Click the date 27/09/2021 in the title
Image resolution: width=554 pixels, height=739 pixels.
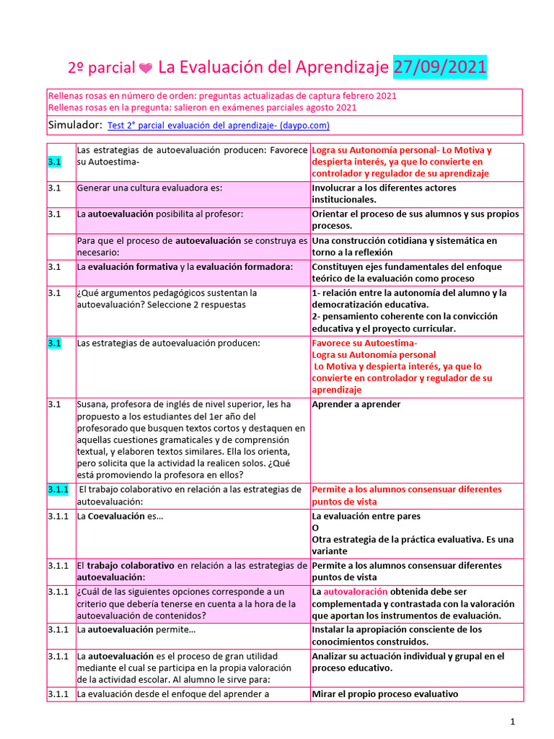(x=440, y=67)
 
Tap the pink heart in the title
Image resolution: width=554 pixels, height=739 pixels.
(x=145, y=69)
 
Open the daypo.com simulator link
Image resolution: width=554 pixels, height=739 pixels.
(x=218, y=126)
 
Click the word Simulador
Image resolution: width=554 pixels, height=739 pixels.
(x=74, y=125)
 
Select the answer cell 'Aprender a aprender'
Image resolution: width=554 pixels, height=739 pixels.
(x=356, y=404)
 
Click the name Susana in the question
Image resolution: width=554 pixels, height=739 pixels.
(x=92, y=404)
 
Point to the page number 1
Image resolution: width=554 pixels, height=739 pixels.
(x=512, y=721)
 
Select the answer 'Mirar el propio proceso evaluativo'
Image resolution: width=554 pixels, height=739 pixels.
(x=385, y=694)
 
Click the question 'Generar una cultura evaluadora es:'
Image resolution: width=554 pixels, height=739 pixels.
(x=149, y=188)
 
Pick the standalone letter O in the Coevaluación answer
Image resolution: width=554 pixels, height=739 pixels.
(x=315, y=528)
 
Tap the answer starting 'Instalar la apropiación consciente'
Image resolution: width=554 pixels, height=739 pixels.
(x=396, y=629)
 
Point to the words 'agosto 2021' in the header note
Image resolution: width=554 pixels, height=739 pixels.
(x=330, y=108)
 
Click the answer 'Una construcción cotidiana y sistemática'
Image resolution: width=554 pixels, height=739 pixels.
(x=404, y=240)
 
